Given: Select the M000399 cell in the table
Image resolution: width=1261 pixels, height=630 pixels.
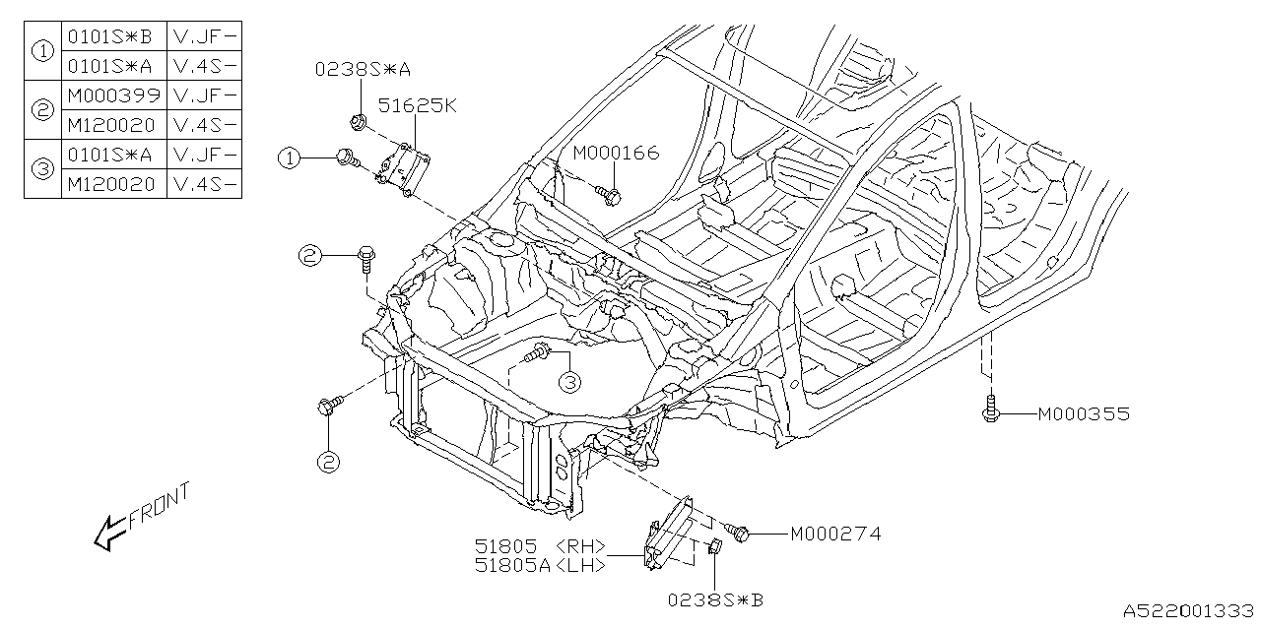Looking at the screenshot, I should [112, 95].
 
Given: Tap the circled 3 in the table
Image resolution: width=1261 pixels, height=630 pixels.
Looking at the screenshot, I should [42, 169].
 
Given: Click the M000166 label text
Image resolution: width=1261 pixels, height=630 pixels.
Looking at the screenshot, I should [616, 153].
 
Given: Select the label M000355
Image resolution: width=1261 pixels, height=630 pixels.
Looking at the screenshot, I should [1083, 414].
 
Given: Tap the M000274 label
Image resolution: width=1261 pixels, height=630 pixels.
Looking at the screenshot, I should [834, 535].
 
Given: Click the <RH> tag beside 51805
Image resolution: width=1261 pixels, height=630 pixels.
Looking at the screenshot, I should [580, 546].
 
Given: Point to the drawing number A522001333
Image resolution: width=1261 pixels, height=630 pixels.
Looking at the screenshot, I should [1190, 611].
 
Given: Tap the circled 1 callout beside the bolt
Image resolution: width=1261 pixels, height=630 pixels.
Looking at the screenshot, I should [288, 157].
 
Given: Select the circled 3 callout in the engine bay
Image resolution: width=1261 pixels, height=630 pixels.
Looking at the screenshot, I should [568, 382].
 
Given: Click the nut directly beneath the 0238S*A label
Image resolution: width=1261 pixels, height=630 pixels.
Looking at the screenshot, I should [357, 122].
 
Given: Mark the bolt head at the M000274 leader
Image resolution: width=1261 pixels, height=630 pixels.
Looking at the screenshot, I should [743, 534].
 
